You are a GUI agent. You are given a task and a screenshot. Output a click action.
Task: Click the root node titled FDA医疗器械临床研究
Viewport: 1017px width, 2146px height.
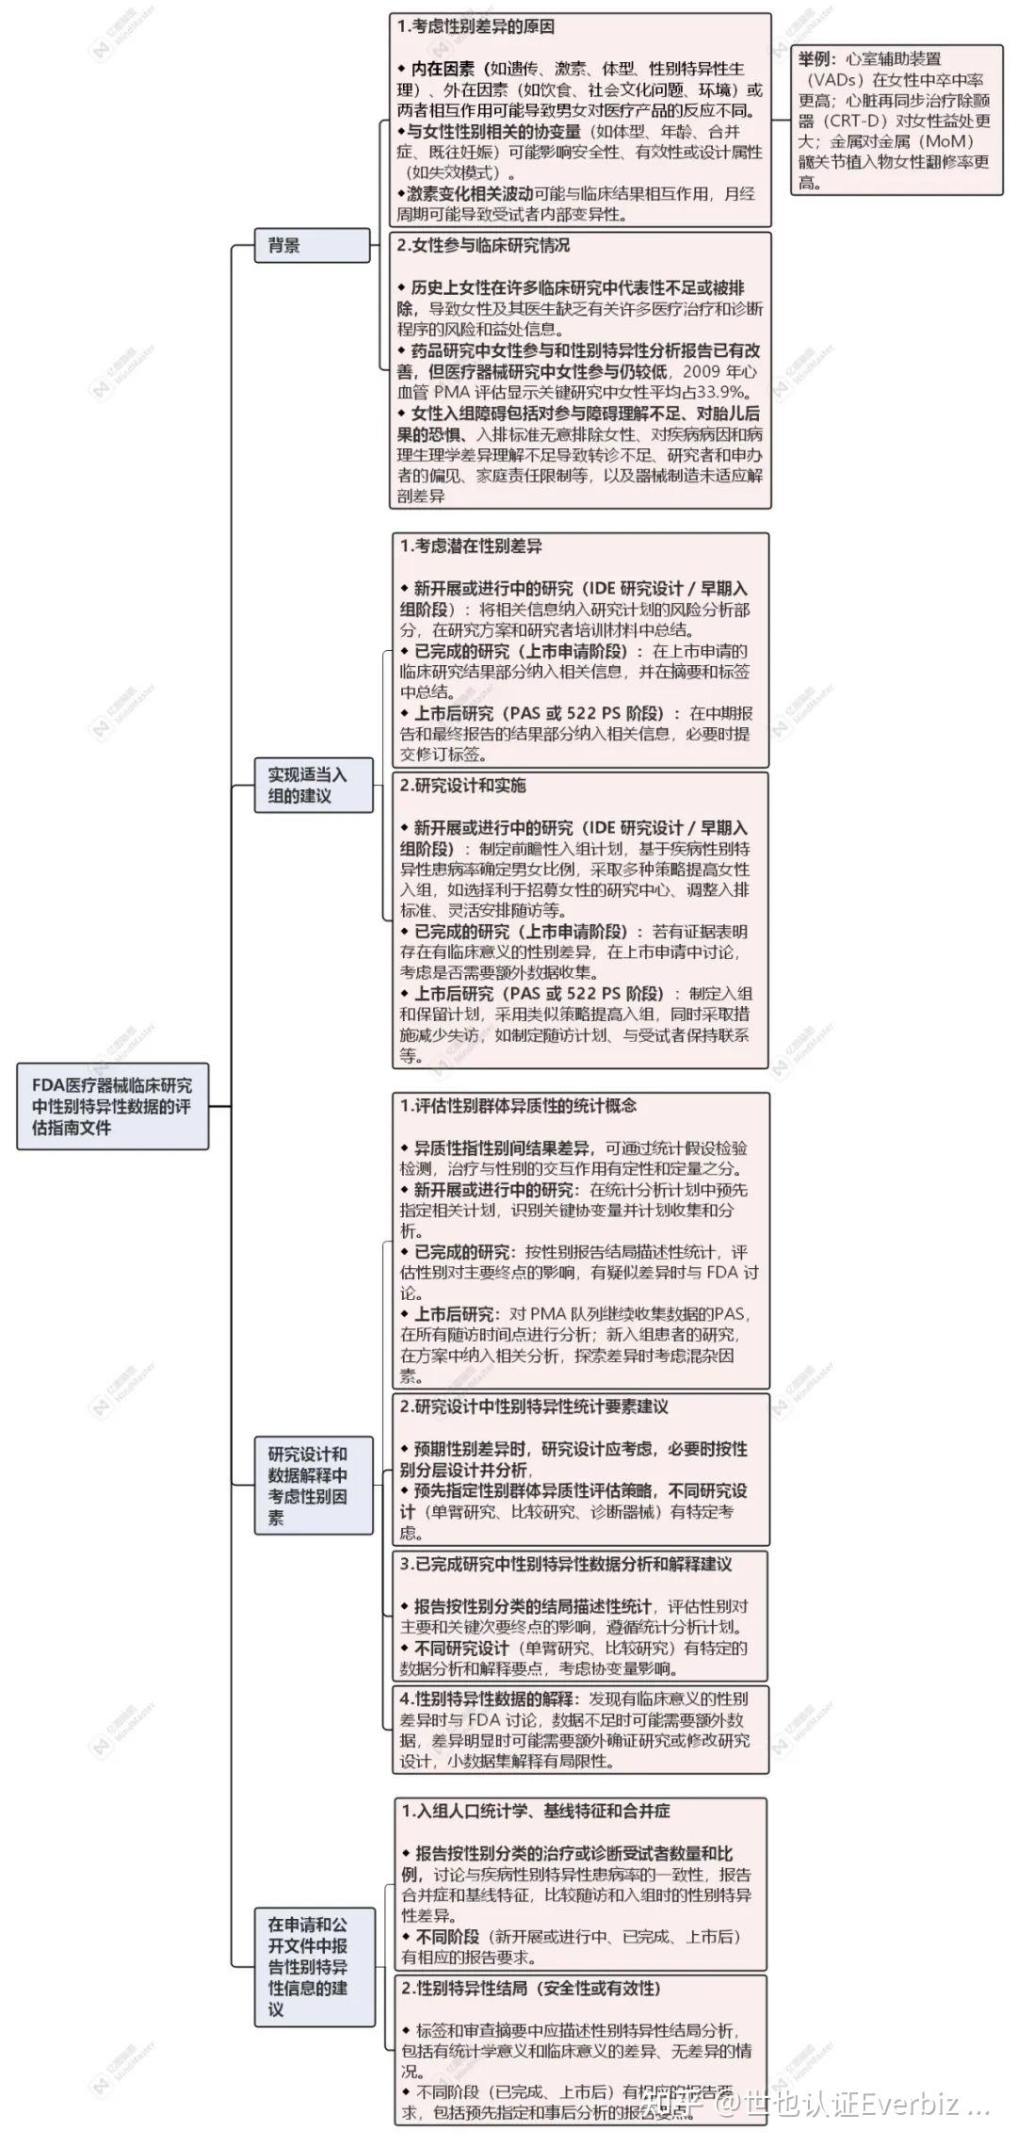click(112, 1105)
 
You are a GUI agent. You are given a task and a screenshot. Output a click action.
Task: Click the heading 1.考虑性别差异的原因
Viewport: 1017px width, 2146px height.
click(476, 26)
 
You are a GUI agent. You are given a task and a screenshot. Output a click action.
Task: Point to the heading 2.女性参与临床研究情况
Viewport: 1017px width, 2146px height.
click(483, 246)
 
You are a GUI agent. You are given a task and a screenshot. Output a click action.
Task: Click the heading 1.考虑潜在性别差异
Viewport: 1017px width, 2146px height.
click(471, 546)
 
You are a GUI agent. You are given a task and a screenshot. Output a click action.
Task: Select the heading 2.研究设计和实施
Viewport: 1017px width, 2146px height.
click(463, 786)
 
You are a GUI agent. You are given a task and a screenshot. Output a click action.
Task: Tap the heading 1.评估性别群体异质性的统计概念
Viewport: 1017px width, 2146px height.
click(518, 1106)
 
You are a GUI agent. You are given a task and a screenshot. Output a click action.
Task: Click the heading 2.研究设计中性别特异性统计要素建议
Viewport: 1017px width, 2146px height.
click(534, 1406)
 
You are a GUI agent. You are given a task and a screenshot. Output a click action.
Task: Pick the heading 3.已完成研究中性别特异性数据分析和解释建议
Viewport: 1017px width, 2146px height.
click(565, 1564)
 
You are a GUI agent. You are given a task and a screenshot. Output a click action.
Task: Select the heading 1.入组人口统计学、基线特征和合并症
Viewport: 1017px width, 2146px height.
click(536, 1811)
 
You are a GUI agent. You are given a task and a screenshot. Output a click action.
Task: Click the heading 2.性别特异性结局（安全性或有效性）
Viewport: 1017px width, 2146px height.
click(531, 1988)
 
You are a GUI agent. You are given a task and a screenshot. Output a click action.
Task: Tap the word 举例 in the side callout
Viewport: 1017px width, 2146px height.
click(816, 59)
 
